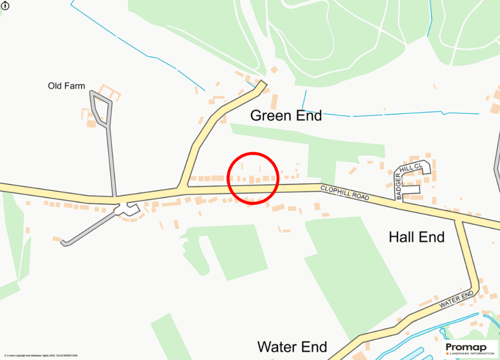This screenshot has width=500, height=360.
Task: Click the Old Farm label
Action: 66,86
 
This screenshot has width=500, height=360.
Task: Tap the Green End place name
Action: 286,116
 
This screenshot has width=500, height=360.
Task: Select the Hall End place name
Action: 417,237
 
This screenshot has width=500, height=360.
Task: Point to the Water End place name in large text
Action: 292,347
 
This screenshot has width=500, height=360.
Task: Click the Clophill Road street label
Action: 345,193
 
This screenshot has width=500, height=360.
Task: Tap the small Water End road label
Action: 456,299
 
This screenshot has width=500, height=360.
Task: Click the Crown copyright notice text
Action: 41,356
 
